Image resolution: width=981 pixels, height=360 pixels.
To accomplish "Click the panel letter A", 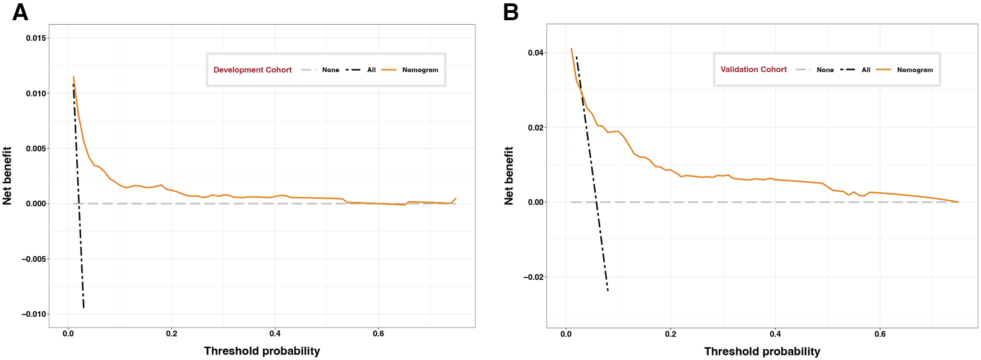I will pos(20,12).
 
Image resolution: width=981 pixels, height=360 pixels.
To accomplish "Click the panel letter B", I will pos(511,12).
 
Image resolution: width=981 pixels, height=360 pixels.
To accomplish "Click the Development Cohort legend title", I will pos(252,70).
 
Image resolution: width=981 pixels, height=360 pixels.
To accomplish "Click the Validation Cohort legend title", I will pos(753,70).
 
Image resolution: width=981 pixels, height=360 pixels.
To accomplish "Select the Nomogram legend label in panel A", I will pos(420,70).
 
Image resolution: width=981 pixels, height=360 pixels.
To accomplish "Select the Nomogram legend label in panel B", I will pos(914,70).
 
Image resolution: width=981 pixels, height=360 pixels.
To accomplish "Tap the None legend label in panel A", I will pos(330,70).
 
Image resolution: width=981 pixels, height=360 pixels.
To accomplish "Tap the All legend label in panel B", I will pos(866,70).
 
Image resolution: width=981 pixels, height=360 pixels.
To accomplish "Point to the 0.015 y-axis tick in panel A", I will pos(36,38).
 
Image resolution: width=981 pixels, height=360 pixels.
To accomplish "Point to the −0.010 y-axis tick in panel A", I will pos(34,314).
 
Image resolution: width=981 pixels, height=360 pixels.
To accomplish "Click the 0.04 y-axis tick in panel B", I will pos(535,53).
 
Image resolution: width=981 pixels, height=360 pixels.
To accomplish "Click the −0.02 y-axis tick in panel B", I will pos(533,277).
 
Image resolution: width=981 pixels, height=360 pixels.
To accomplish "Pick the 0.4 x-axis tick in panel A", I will pos(275,334).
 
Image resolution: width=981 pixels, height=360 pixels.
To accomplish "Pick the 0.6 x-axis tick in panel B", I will pos(880,334).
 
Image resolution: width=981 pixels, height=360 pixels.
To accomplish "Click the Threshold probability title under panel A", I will pos(262,351).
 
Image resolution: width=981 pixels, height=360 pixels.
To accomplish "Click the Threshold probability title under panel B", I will pos(762,352).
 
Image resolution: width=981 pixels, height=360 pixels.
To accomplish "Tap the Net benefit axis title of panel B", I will pos(508,176).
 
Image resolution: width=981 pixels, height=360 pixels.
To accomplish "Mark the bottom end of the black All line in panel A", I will pos(84,308).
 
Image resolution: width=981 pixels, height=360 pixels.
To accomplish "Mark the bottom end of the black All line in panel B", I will pos(608,290).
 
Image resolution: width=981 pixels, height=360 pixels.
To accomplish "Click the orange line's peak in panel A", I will pos(73,77).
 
